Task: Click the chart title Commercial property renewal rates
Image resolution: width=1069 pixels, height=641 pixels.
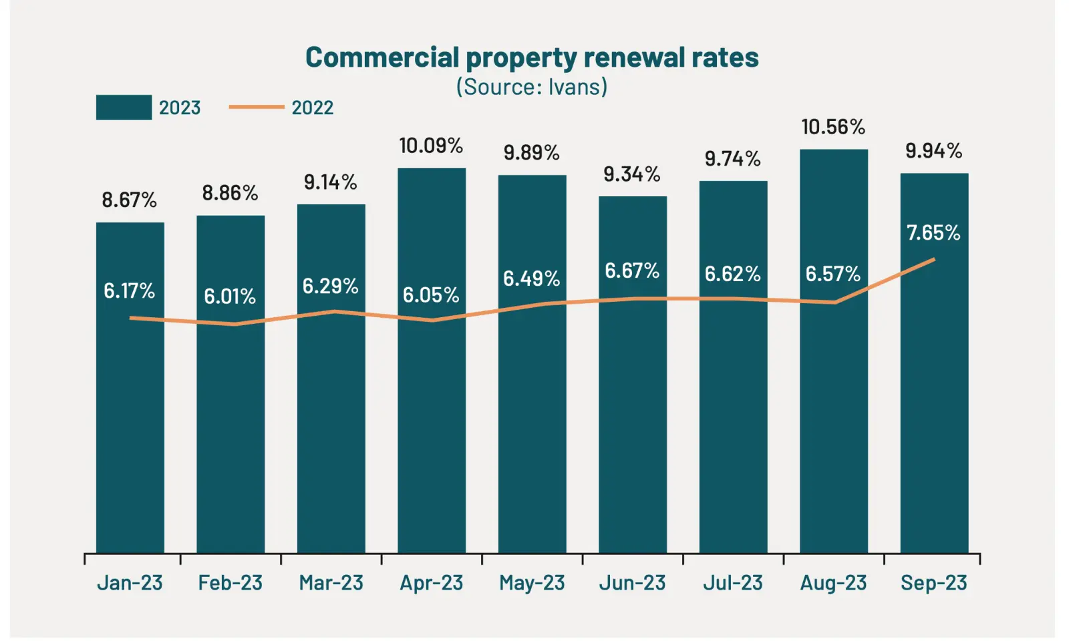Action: (532, 58)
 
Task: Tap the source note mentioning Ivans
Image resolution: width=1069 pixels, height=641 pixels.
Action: (532, 87)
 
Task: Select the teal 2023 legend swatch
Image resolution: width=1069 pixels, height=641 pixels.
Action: (124, 108)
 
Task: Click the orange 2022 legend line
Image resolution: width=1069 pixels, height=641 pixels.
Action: (257, 107)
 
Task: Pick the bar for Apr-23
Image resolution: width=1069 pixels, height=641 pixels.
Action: (432, 401)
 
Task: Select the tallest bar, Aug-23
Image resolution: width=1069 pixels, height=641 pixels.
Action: (833, 401)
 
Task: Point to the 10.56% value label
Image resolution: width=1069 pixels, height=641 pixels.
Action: (833, 127)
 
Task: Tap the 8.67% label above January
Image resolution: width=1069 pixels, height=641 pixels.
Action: (129, 200)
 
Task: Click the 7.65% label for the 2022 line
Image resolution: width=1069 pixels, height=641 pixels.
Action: (933, 233)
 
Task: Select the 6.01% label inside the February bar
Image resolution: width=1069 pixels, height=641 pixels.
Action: (230, 296)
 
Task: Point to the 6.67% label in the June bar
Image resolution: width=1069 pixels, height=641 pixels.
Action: (632, 271)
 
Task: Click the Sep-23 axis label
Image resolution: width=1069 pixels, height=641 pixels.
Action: (933, 583)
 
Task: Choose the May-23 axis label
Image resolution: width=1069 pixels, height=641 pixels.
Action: (532, 583)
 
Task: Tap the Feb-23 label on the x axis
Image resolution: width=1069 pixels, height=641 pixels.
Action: (230, 583)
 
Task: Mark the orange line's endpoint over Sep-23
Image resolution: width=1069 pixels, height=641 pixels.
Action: (933, 259)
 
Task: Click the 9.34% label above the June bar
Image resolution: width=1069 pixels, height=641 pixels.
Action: (632, 174)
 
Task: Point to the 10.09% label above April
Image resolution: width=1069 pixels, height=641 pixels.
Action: (431, 146)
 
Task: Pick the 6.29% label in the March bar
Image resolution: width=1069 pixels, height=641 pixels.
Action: (330, 286)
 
